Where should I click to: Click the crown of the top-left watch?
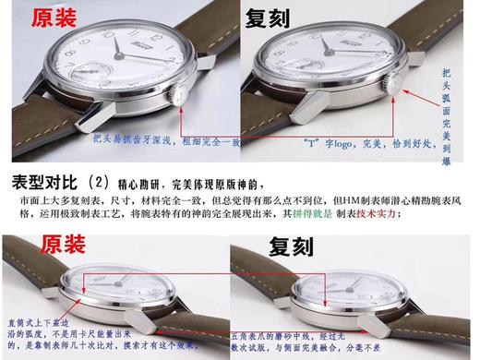pyautogui.click(x=179, y=96)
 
